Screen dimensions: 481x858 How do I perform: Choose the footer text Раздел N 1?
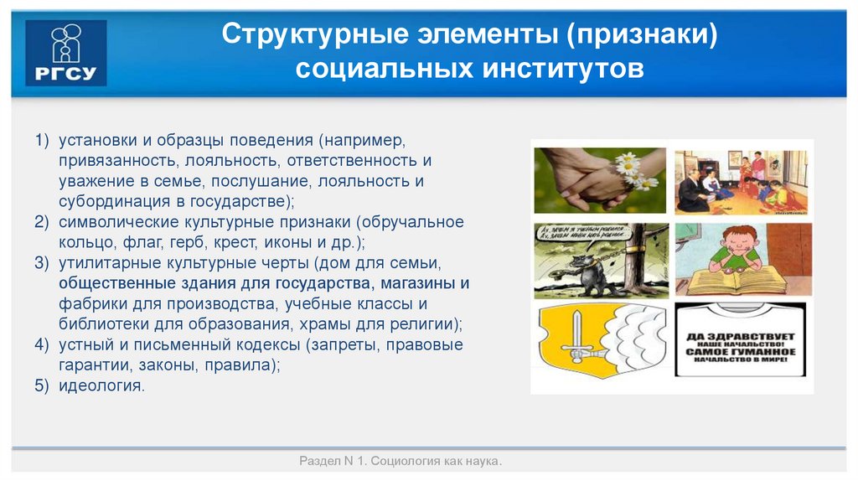click(x=333, y=462)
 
